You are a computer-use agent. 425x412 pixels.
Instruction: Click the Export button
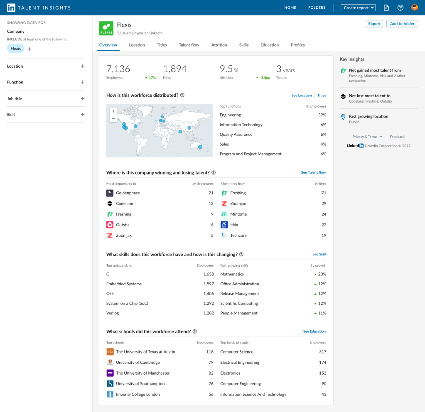[374, 24]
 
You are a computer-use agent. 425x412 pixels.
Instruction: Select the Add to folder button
[402, 24]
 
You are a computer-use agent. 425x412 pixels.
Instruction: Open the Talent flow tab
[189, 45]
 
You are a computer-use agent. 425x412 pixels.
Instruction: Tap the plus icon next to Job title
[82, 99]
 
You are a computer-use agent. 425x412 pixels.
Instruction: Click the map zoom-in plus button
[113, 111]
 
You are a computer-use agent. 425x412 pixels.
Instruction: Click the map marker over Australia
[200, 147]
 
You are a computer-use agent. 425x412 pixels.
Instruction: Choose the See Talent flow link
[313, 172]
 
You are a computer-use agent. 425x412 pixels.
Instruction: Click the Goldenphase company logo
[110, 193]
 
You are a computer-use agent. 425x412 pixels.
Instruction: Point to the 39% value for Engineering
[322, 115]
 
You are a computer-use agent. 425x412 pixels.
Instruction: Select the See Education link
[314, 331]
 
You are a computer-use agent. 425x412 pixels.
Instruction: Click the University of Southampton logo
[110, 384]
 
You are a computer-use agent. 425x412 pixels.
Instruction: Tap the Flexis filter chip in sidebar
[16, 49]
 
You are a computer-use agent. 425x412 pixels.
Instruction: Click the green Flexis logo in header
[106, 28]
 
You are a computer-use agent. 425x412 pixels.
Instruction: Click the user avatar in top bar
[414, 7]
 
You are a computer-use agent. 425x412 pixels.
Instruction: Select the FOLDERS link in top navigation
[317, 7]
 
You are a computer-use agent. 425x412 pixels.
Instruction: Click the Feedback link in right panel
[397, 137]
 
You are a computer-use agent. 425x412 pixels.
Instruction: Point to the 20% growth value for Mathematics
[322, 274]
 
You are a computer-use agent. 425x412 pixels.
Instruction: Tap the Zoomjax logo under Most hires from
[224, 204]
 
